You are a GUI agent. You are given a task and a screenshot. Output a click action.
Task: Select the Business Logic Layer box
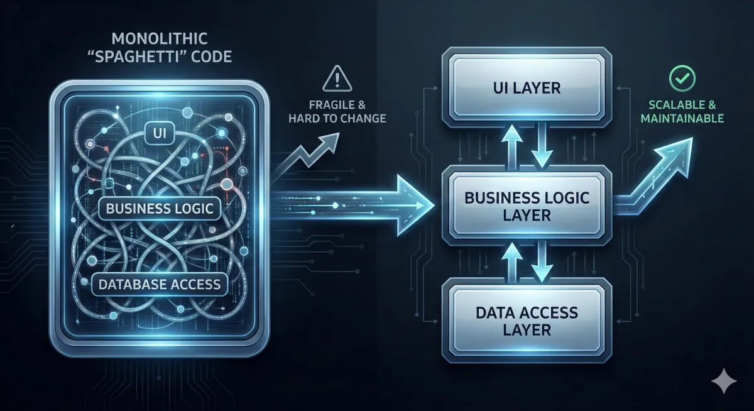[527, 205]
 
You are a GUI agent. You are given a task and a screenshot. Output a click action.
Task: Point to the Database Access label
[160, 284]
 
